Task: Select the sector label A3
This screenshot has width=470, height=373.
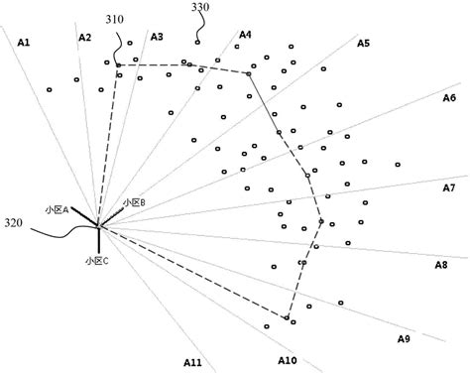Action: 157,37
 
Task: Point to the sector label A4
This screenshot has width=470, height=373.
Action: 245,36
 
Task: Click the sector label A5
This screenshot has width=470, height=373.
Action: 363,44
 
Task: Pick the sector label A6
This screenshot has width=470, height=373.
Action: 448,98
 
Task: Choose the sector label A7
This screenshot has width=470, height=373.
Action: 448,187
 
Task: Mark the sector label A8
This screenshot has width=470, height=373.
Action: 441,265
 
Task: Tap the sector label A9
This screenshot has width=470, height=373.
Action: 403,339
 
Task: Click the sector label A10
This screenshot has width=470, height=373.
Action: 288,360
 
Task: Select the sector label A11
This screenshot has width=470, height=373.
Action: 192,362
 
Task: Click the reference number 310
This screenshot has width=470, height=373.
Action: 115,18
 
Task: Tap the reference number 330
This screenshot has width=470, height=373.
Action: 199,8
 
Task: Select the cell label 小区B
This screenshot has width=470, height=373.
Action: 134,202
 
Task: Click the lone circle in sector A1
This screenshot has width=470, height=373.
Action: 49,90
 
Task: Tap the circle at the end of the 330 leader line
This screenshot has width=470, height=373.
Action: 198,42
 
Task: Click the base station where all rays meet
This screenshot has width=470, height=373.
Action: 99,228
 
